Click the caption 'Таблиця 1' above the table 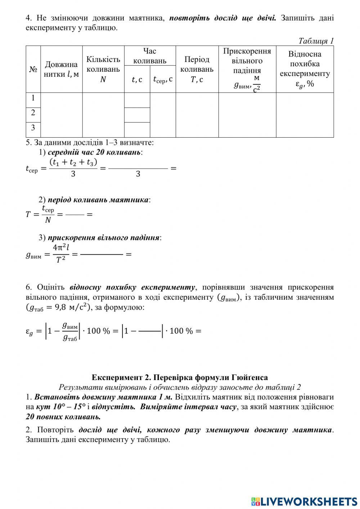pyautogui.click(x=316, y=41)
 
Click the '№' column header pyautogui.click(x=33, y=69)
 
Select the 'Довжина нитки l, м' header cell pyautogui.click(x=61, y=69)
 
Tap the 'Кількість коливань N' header pyautogui.click(x=103, y=69)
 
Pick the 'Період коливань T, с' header pyautogui.click(x=197, y=69)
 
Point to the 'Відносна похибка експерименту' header pyautogui.click(x=305, y=69)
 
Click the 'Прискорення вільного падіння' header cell pyautogui.click(x=247, y=69)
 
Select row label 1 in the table pyautogui.click(x=33, y=98)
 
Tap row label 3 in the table pyautogui.click(x=33, y=128)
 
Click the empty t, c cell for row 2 pyautogui.click(x=137, y=115)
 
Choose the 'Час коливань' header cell pyautogui.click(x=150, y=56)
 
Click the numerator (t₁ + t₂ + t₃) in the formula pyautogui.click(x=73, y=162)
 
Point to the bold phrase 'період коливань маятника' pyautogui.click(x=98, y=200)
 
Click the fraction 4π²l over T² pyautogui.click(x=60, y=254)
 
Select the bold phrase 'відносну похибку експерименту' pyautogui.click(x=132, y=287)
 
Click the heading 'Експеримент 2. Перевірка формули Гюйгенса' pyautogui.click(x=180, y=378)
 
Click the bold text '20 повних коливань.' pyautogui.click(x=63, y=417)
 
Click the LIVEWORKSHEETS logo pyautogui.click(x=304, y=501)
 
